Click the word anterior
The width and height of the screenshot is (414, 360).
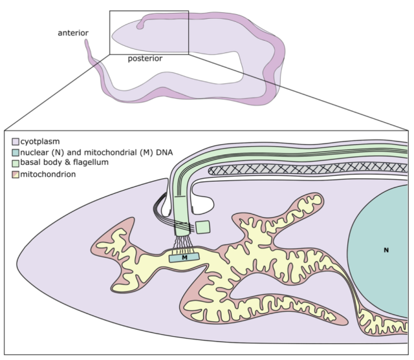click(73, 33)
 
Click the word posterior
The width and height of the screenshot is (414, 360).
click(144, 58)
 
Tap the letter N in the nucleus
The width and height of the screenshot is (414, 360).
click(386, 250)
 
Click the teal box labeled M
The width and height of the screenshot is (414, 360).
click(184, 257)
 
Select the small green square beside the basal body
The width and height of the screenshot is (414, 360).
click(203, 228)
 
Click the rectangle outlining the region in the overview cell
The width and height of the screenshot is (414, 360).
click(149, 11)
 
